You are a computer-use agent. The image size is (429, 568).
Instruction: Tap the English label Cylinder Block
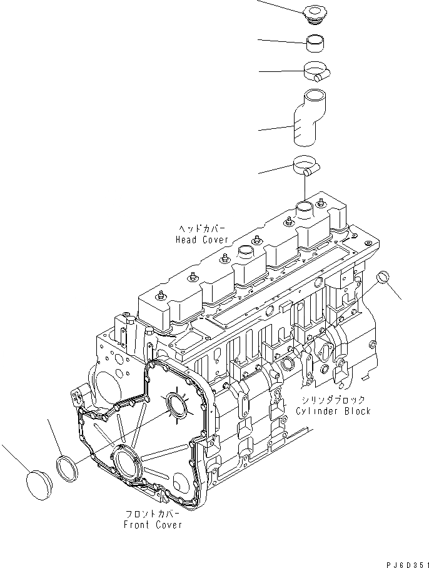[334, 410]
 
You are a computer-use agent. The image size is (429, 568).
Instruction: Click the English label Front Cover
[153, 524]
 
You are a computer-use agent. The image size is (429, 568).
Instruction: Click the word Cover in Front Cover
[168, 524]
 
